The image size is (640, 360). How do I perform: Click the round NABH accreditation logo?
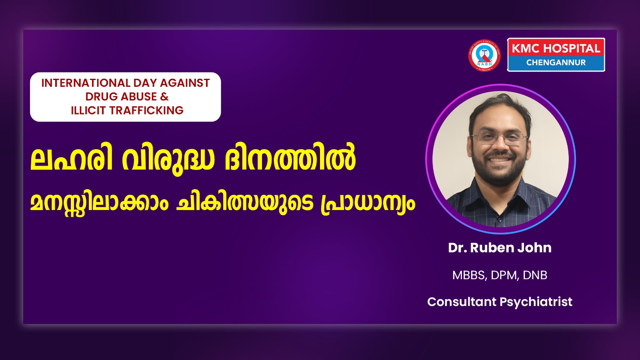[484, 55]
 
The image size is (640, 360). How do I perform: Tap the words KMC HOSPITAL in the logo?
[556, 48]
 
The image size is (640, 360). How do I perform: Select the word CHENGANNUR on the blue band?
[556, 62]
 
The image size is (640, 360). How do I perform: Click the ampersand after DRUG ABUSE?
[164, 96]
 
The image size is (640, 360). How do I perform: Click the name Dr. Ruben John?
[500, 248]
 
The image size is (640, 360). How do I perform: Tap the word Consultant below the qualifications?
[462, 302]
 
